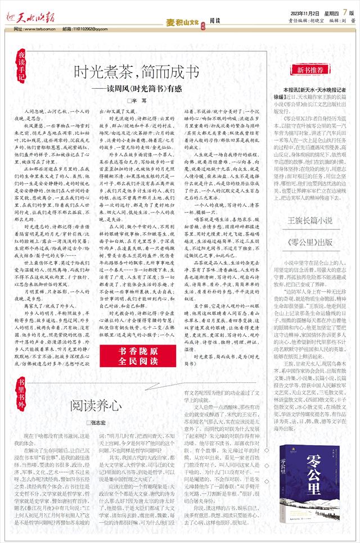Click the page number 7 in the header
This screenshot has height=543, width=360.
[343, 12]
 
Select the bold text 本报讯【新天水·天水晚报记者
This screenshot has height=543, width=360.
[315, 89]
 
